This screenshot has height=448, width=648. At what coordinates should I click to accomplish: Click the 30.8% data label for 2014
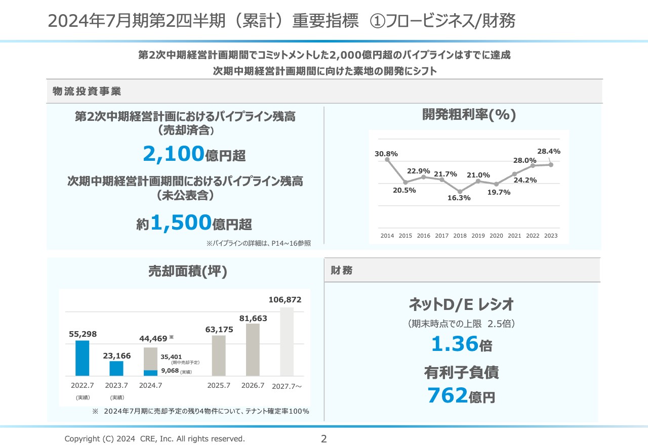386,153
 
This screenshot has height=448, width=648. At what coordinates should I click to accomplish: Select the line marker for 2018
460,192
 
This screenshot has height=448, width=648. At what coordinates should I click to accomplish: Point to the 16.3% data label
459,198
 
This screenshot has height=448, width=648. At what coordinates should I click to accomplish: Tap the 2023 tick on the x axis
550,236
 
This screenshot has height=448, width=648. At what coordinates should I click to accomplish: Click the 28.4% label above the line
549,151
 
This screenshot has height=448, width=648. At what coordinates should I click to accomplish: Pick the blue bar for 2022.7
82,358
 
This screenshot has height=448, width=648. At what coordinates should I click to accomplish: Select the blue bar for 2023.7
116,368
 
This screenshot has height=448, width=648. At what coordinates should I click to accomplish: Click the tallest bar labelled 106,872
286,341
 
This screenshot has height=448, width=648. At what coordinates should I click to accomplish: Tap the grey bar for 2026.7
253,349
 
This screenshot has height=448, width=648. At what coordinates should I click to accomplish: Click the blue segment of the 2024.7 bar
150,373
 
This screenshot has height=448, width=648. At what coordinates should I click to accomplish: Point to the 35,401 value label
171,356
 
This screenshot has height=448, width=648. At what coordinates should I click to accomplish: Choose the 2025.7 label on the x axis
219,385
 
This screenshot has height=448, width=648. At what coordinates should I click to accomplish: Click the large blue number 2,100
174,154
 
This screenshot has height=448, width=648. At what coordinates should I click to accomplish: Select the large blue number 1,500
181,222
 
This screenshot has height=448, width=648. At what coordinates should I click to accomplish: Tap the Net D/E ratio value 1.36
455,344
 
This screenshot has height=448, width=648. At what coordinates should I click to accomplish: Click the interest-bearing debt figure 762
447,395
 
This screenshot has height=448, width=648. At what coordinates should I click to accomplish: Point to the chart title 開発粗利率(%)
469,115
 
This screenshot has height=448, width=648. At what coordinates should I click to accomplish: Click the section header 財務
342,271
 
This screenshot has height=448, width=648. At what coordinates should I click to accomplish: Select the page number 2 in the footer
324,438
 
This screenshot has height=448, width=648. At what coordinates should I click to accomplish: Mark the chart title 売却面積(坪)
187,271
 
